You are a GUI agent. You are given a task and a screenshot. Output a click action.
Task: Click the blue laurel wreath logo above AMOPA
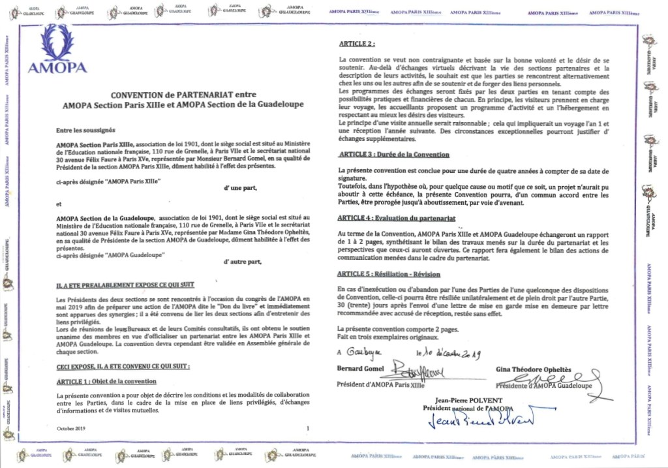click(x=57, y=42)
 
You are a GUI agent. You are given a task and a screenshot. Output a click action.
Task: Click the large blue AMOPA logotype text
click(x=57, y=67)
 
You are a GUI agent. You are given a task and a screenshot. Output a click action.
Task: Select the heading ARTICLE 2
click(x=356, y=44)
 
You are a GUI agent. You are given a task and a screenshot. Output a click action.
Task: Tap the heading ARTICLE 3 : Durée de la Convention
click(x=394, y=155)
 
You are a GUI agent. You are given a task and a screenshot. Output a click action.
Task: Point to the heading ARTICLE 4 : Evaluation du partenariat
click(x=397, y=217)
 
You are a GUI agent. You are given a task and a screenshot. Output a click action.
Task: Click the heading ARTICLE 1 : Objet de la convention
click(x=106, y=381)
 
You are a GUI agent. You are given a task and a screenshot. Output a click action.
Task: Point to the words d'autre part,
click(x=241, y=262)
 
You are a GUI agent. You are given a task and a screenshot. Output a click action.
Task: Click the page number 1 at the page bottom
click(x=307, y=428)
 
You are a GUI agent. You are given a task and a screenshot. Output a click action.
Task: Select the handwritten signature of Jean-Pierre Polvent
click(x=482, y=420)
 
